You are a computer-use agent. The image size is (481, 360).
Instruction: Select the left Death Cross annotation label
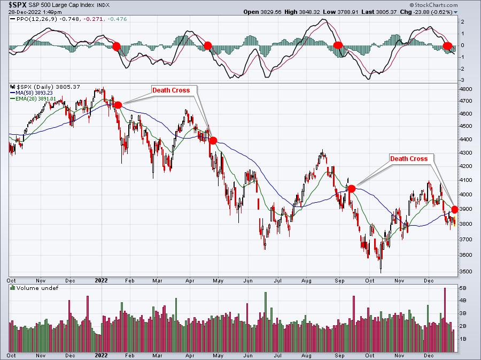(171, 90)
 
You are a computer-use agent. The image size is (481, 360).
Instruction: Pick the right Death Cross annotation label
(409, 159)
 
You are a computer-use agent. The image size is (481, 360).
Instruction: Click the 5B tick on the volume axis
(463, 288)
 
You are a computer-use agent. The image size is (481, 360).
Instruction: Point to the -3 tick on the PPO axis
(462, 80)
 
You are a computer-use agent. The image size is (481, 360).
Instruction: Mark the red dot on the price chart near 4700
(118, 105)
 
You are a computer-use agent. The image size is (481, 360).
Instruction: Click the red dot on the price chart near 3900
(455, 209)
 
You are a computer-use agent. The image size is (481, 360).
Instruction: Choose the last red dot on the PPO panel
(447, 46)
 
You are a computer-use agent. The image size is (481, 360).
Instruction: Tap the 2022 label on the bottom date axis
(101, 355)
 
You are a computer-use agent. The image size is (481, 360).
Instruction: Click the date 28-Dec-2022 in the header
(22, 12)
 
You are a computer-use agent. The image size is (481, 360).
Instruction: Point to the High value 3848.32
(309, 12)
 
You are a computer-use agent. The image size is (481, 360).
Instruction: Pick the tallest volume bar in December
(445, 320)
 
